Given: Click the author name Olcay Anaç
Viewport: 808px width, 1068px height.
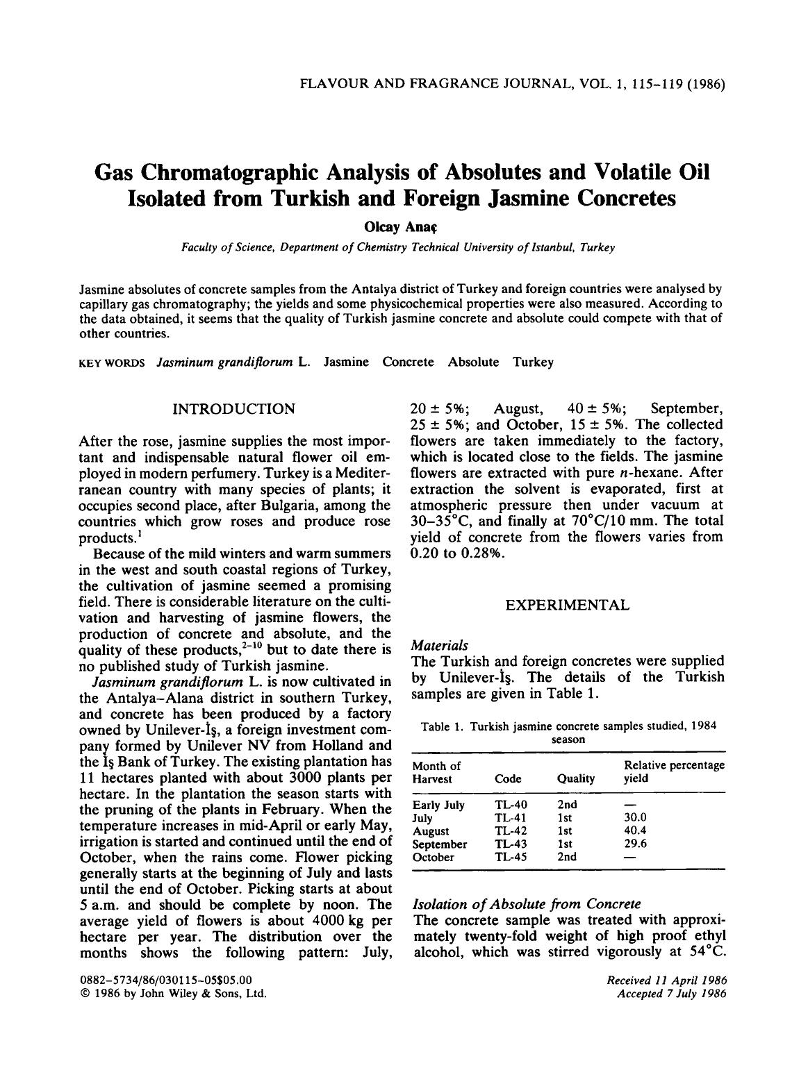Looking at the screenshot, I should coord(404,227).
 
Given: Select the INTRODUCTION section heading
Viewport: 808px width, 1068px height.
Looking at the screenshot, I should coord(233,408).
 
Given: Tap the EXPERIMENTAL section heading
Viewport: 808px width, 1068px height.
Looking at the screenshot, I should coord(567,605).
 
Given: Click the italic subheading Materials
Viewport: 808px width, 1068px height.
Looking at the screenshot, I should coord(440,645).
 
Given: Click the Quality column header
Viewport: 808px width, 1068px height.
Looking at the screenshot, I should coord(575,778).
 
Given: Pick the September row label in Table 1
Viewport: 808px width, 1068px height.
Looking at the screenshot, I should coord(440,844).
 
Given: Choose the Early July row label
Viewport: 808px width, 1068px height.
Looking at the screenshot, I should coord(438,805).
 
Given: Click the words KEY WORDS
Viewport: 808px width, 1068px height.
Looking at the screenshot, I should coord(113,362).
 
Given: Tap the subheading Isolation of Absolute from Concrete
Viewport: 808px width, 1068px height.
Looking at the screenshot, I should coord(527,904).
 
